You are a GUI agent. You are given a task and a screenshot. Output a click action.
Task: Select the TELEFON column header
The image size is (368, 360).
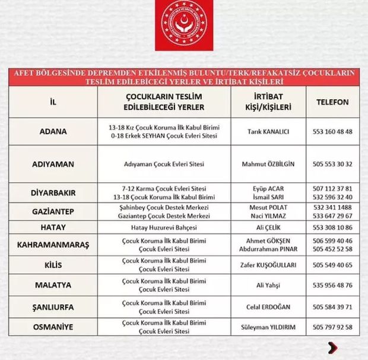point(332,102)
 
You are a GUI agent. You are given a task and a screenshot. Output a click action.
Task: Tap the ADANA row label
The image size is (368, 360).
point(53,131)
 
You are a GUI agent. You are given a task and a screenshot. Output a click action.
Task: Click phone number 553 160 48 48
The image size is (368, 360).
point(332,131)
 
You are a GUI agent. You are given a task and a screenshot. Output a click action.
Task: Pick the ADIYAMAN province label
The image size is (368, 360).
point(53,163)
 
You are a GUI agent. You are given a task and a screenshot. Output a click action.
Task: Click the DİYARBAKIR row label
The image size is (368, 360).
point(53,192)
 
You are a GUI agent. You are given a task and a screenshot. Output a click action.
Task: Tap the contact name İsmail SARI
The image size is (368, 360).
point(268,197)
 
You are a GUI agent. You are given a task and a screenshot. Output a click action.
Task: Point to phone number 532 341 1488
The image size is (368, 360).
point(332,207)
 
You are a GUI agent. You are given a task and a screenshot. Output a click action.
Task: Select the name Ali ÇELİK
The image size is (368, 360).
point(268,228)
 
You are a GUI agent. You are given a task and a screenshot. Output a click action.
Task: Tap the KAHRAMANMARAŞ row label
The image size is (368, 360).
point(53,245)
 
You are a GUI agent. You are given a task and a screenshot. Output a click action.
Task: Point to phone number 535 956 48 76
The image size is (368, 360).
point(332,285)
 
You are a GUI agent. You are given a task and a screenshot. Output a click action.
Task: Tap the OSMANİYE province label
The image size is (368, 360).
point(53,327)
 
